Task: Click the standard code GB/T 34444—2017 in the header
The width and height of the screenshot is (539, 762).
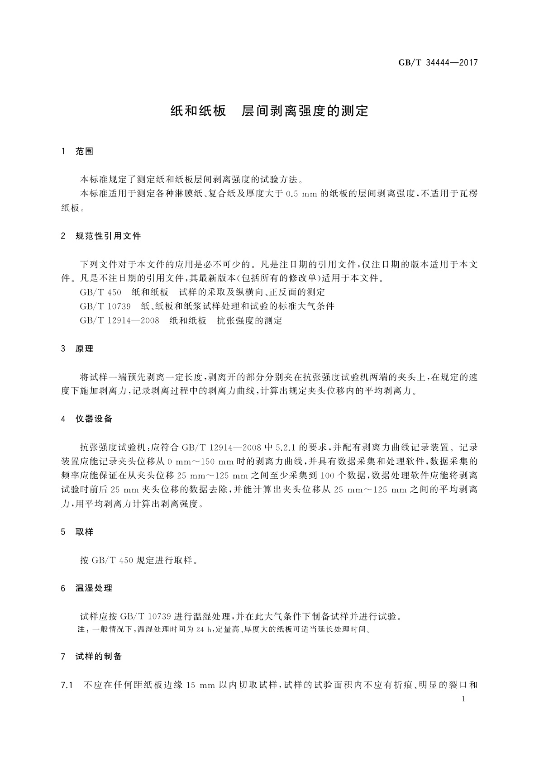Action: (x=438, y=63)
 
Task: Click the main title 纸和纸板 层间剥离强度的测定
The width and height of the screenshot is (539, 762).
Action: (x=269, y=111)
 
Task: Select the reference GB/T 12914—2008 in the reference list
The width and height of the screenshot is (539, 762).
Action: (x=119, y=321)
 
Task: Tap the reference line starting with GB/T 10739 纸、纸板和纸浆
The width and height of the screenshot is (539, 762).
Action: (x=207, y=306)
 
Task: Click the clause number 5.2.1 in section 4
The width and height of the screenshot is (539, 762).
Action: (x=285, y=448)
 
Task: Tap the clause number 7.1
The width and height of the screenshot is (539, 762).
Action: (x=67, y=686)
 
